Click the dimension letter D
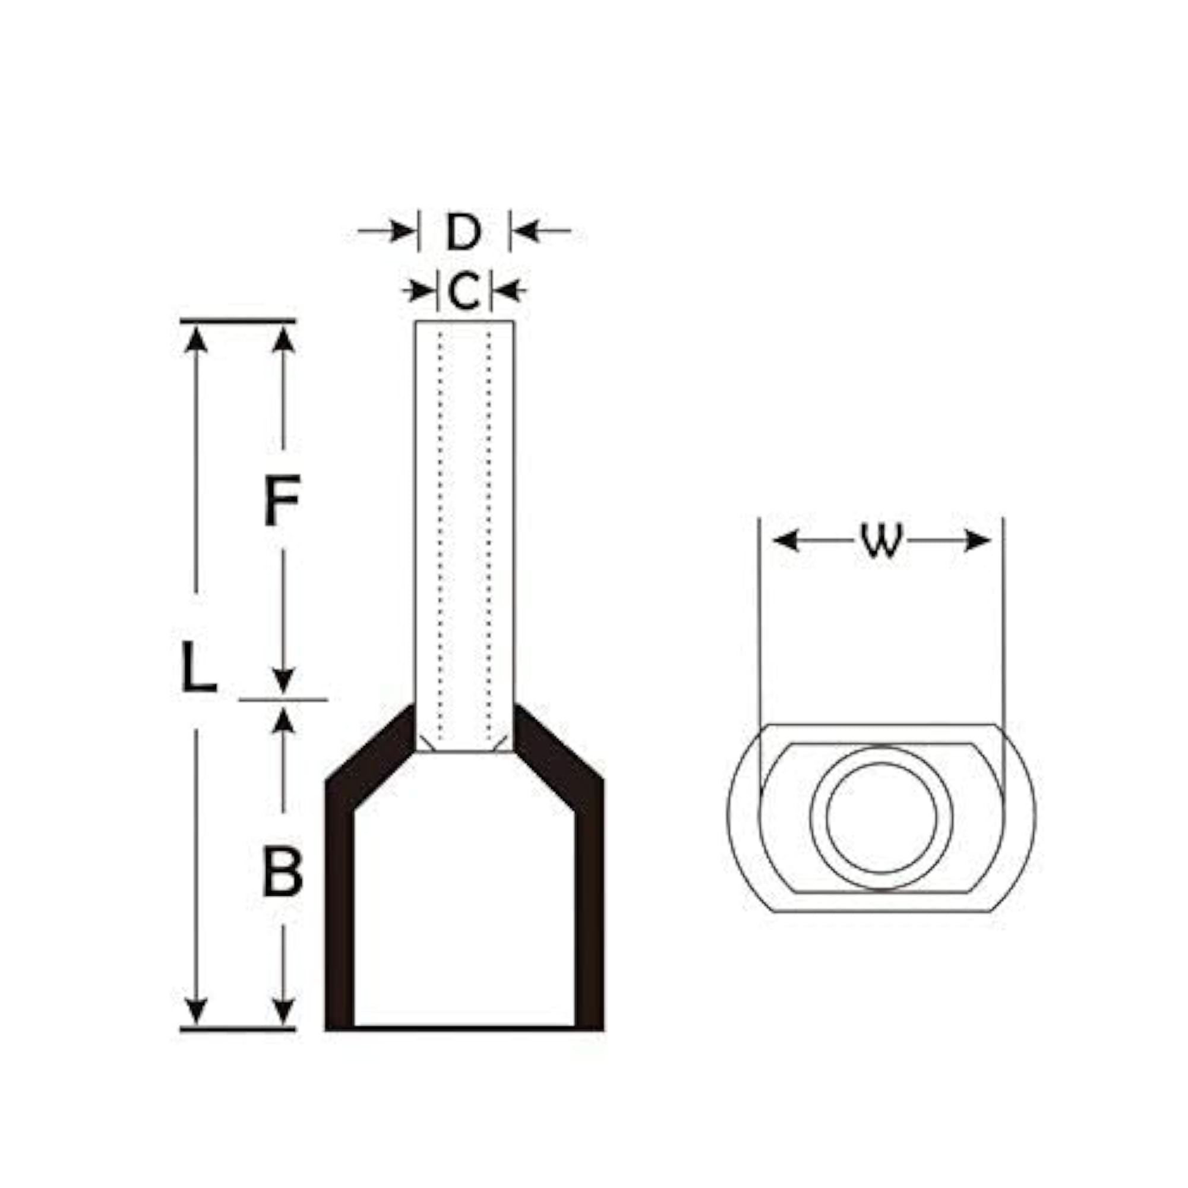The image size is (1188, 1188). [x=464, y=232]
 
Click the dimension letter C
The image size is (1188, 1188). [x=464, y=290]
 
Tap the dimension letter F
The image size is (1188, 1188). [x=282, y=500]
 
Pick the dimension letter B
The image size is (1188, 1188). [x=283, y=871]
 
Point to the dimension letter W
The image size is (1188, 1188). [x=881, y=541]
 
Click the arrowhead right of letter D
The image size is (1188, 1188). [x=526, y=232]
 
